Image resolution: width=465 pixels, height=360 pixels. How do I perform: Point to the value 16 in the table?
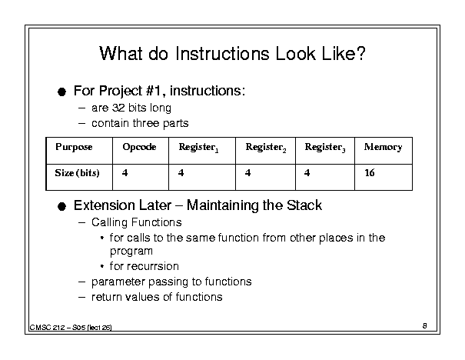(370, 173)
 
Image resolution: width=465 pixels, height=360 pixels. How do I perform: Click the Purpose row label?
(74, 147)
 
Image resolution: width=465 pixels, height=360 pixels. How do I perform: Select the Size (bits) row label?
(77, 173)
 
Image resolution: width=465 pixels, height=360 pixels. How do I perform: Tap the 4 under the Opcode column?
(125, 173)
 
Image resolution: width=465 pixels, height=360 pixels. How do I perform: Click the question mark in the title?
(361, 53)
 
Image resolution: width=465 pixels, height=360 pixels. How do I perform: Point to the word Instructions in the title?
(222, 54)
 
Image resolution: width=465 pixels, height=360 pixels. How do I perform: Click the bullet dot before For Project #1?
(61, 92)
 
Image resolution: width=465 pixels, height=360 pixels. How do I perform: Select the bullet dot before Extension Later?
(61, 206)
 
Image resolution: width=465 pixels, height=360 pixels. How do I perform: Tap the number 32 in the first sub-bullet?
(118, 108)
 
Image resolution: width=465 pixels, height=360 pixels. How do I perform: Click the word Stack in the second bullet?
(304, 205)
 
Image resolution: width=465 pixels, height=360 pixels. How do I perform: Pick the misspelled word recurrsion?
(144, 266)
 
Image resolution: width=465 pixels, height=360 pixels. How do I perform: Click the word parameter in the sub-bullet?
(118, 282)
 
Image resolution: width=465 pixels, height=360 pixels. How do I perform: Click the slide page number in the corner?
(425, 325)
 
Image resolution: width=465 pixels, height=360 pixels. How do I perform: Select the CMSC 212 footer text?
(71, 328)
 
